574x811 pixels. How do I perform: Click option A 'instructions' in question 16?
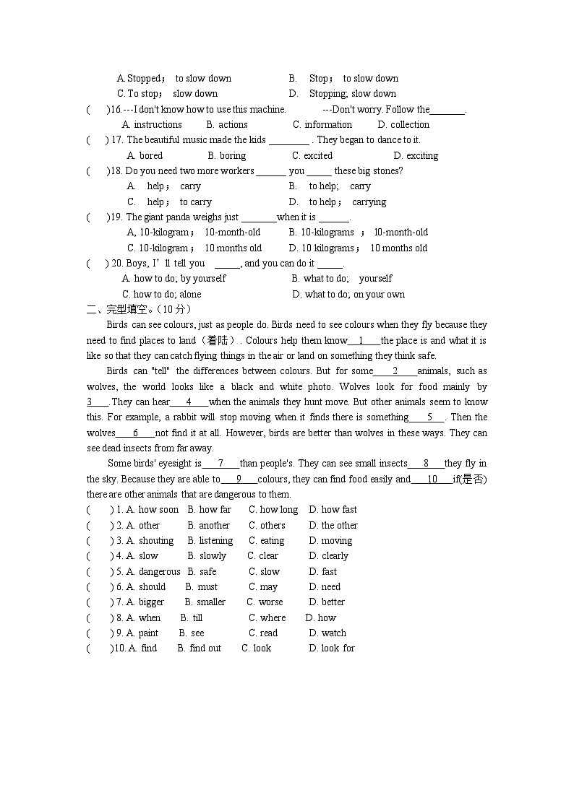click(158, 124)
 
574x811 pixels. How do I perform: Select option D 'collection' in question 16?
click(409, 124)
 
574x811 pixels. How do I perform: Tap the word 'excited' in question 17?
click(318, 155)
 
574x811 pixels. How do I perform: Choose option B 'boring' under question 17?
click(232, 155)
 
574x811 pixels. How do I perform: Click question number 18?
click(116, 171)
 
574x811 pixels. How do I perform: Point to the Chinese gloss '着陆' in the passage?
click(218, 340)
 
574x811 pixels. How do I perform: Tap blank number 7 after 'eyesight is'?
click(220, 463)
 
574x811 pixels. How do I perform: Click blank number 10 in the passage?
click(432, 479)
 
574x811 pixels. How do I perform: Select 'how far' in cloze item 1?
click(215, 509)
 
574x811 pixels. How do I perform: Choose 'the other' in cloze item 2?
click(339, 525)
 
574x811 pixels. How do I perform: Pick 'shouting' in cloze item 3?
click(156, 540)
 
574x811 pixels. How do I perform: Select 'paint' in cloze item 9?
click(148, 633)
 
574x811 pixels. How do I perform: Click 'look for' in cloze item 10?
click(338, 648)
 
